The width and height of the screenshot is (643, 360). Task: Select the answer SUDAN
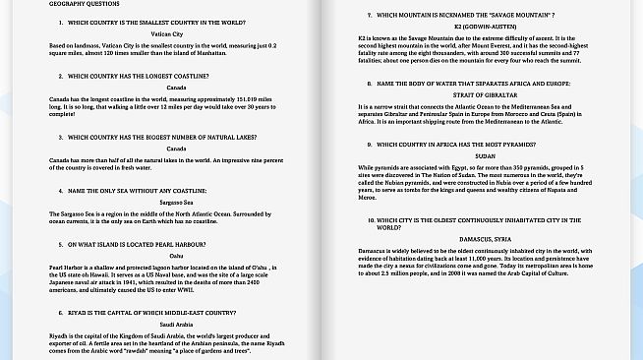[485, 155]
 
